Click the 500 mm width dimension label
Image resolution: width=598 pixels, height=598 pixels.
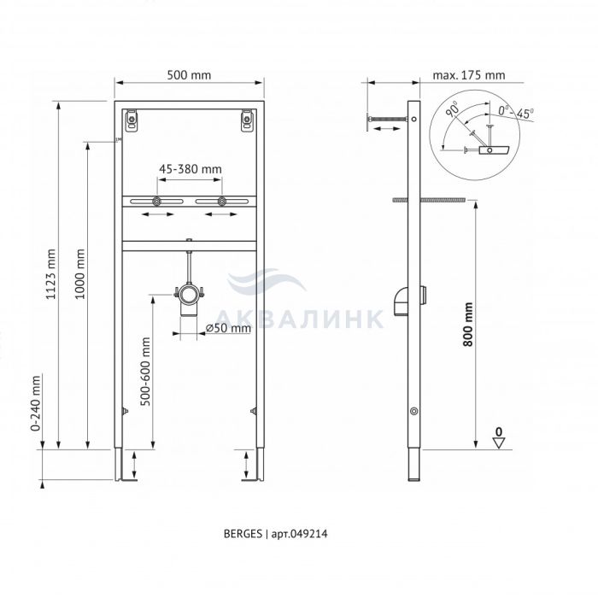tap(189, 75)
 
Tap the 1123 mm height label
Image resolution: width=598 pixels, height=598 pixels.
tap(50, 274)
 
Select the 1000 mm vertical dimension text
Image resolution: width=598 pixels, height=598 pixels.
tap(79, 274)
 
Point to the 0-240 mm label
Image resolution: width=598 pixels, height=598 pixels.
tap(36, 403)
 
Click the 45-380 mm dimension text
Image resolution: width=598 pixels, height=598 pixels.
tap(190, 169)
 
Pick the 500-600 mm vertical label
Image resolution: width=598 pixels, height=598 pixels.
tap(145, 372)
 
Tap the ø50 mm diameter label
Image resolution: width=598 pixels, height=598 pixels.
tap(228, 328)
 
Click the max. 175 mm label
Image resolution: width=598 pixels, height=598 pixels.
tap(469, 75)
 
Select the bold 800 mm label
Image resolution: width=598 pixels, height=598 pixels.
tap(468, 325)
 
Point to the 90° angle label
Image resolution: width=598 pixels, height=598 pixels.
tap(454, 108)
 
